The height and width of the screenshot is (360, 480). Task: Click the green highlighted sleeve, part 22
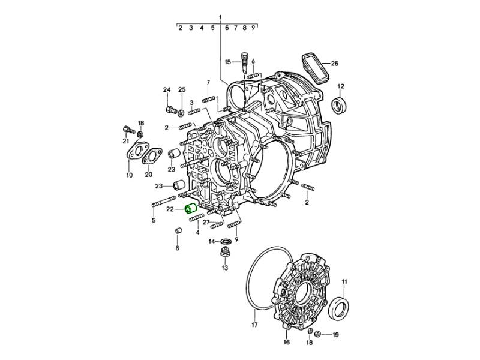click(x=191, y=208)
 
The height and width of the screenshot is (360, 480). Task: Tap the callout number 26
click(x=335, y=64)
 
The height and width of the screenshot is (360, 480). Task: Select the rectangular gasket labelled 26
click(x=316, y=68)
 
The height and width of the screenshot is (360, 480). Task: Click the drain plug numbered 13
click(x=225, y=253)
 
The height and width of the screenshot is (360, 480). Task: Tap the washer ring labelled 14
click(x=226, y=241)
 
